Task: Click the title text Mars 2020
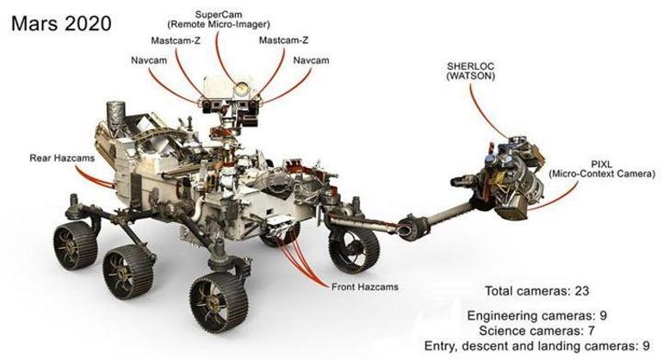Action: pyautogui.click(x=61, y=22)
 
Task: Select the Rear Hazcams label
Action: pyautogui.click(x=52, y=157)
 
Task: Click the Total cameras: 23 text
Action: pyautogui.click(x=537, y=290)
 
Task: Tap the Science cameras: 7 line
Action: pyautogui.click(x=537, y=331)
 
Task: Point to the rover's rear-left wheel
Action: pyautogui.click(x=73, y=242)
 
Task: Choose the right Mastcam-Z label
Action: pyautogui.click(x=281, y=40)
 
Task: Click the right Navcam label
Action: pyautogui.click(x=310, y=61)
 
